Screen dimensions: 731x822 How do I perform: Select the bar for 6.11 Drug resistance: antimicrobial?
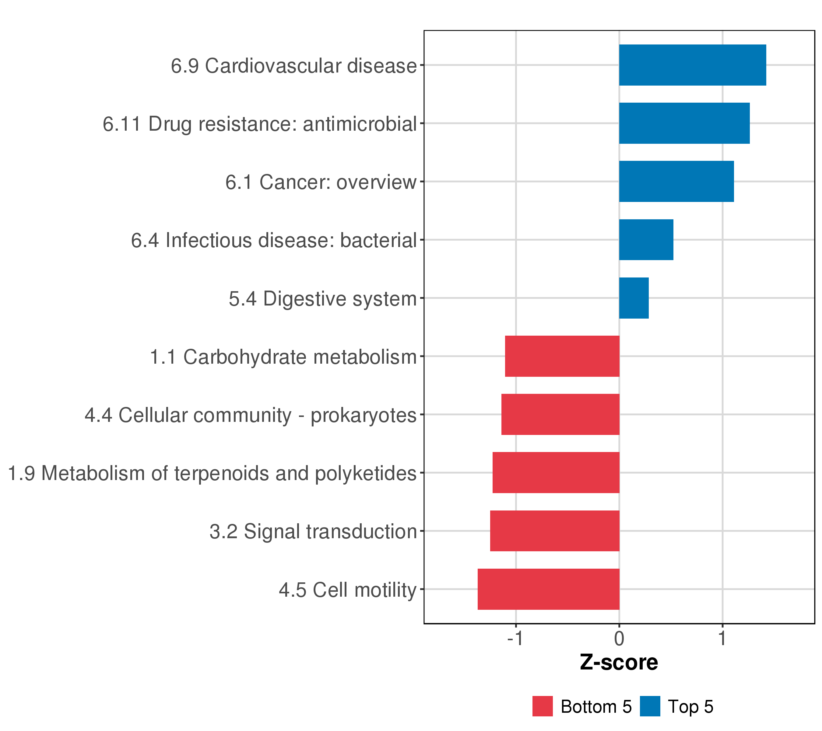(684, 123)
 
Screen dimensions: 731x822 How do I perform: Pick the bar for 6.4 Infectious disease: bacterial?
(646, 240)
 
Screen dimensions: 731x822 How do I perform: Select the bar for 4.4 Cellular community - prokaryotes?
(560, 414)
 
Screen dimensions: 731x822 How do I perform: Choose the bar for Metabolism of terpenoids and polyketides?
(556, 473)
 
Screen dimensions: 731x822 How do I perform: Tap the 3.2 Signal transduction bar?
(555, 531)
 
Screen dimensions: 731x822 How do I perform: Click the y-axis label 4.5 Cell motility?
(347, 590)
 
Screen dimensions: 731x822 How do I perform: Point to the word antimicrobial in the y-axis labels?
(360, 124)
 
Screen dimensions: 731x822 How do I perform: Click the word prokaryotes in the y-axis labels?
(364, 415)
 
